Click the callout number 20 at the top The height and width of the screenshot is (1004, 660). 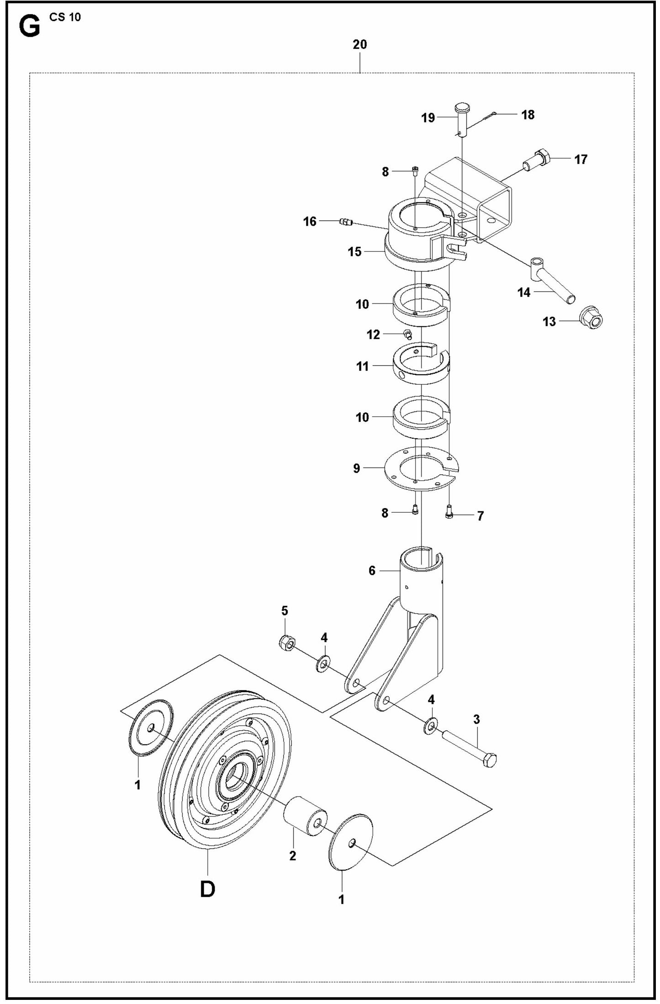pos(359,45)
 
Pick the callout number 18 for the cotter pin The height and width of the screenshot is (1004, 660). pos(528,115)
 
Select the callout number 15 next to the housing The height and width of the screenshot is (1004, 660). pos(354,252)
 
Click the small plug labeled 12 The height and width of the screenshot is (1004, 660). pos(408,334)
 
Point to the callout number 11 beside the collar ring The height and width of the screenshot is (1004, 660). pos(362,366)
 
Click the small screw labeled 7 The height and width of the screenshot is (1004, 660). pos(449,515)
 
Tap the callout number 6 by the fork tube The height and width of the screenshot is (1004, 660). pos(372,570)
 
